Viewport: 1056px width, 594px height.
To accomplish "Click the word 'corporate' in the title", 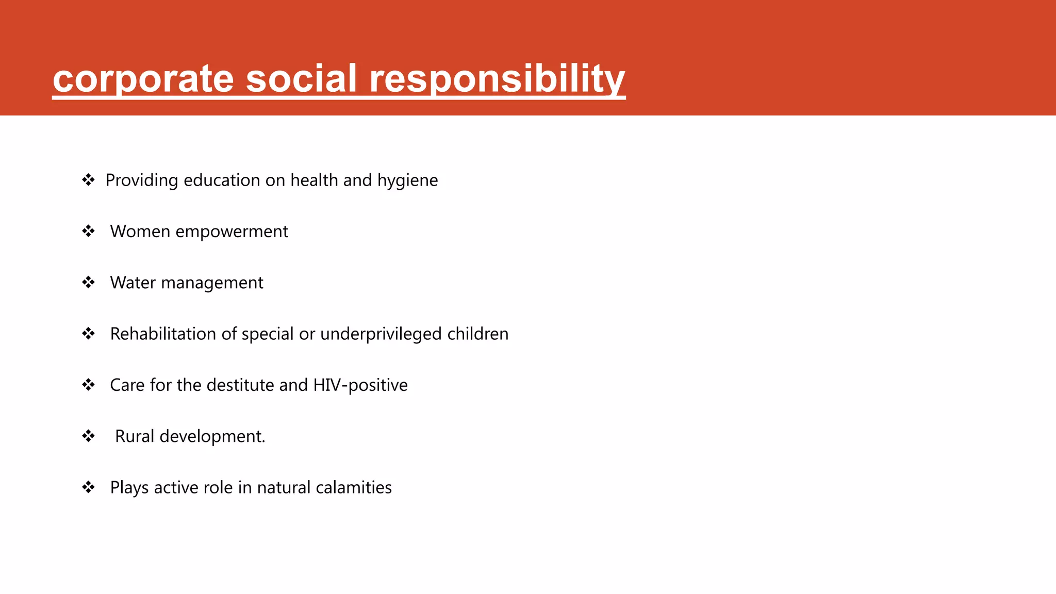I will [x=143, y=79].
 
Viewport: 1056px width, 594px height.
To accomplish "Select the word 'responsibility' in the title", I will [x=497, y=79].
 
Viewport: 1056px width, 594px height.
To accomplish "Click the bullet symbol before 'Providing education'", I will [x=88, y=180].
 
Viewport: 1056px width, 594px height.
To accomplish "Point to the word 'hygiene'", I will [x=407, y=180].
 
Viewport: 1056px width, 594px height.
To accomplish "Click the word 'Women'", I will [x=140, y=232].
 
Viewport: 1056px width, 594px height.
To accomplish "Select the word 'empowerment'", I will [x=232, y=232].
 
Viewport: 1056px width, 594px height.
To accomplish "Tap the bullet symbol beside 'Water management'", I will [x=88, y=283].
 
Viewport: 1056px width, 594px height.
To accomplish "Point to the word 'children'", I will [x=477, y=334].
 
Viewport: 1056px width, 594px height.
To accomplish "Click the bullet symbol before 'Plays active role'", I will [x=88, y=487].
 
